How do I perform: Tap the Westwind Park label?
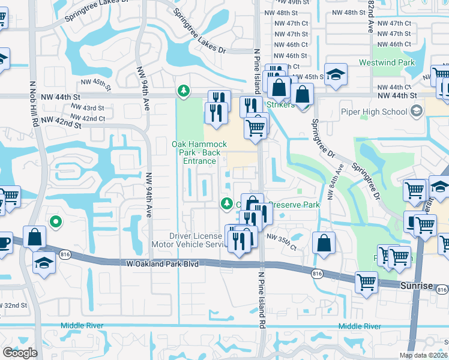(x=387, y=62)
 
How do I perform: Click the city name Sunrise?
(x=417, y=286)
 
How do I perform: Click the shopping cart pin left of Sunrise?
(x=366, y=282)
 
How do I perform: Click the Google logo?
(x=20, y=353)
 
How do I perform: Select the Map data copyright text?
(x=423, y=355)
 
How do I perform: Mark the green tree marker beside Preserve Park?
(x=226, y=204)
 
